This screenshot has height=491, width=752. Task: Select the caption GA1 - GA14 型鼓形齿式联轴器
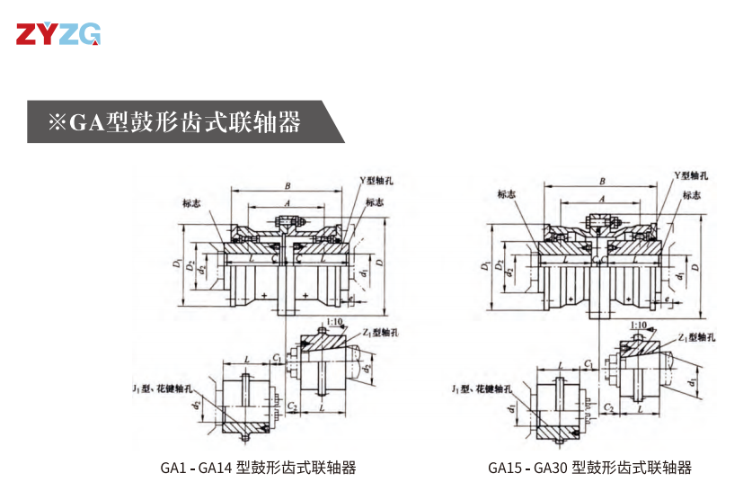(258, 468)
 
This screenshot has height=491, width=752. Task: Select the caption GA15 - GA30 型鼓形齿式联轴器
(590, 468)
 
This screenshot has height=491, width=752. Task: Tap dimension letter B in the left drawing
(287, 185)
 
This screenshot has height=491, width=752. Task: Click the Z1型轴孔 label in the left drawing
(382, 332)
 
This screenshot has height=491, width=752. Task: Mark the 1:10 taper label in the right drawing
(640, 325)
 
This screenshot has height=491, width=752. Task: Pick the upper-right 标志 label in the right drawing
(691, 195)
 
